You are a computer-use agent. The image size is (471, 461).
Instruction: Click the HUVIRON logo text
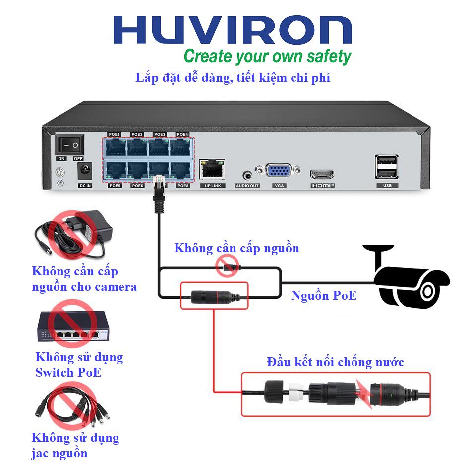[x=232, y=31]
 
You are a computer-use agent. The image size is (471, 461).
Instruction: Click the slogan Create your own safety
[x=267, y=56]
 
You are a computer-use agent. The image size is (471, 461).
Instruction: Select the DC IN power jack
[x=85, y=172]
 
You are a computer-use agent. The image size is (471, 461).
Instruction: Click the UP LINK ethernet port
[x=212, y=169]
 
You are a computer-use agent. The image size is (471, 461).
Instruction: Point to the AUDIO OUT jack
[x=247, y=175]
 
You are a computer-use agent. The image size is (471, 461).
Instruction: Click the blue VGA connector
[x=279, y=171]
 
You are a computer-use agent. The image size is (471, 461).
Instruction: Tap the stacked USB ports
[x=387, y=166]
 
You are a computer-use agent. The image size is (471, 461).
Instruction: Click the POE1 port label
[x=115, y=134]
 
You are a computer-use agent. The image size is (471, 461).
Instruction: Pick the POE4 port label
[x=182, y=134]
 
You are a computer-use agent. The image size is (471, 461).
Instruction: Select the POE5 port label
[x=115, y=186]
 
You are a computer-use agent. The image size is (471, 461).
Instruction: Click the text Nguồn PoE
[x=323, y=296]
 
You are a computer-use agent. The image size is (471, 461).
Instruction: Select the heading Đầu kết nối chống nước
[x=335, y=362]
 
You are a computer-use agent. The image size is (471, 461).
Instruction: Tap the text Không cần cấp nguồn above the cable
[x=236, y=248]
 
